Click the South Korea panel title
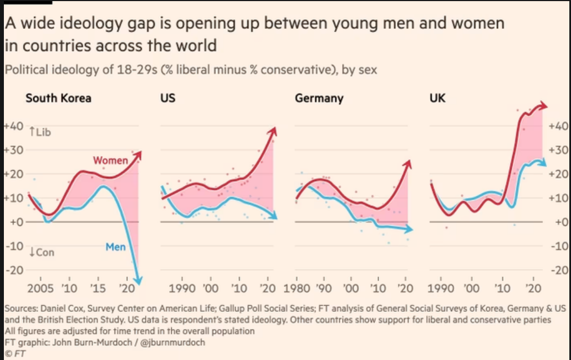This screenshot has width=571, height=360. point(58,99)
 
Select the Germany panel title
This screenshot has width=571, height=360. point(319,99)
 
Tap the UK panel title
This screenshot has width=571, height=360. point(438,99)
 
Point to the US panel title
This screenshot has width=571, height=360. point(168,99)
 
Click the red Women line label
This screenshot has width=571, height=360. point(110,161)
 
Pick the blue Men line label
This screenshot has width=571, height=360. point(115,247)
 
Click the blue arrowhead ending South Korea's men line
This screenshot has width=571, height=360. point(140,282)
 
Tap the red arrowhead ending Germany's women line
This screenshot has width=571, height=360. point(408,163)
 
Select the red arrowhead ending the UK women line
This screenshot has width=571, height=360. point(544,106)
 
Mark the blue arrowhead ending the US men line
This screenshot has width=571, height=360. point(273,217)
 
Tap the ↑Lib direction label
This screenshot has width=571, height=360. point(39,131)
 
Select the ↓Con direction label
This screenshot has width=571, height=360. point(41,252)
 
